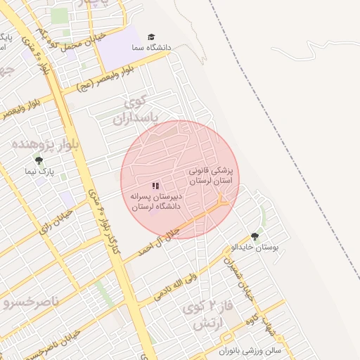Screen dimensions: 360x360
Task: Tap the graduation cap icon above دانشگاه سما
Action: pyautogui.click(x=152, y=37)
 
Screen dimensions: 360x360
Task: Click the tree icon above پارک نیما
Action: pyautogui.click(x=39, y=160)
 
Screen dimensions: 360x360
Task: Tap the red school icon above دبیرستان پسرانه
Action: pyautogui.click(x=155, y=186)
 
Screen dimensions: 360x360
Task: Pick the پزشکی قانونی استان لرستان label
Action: pyautogui.click(x=214, y=176)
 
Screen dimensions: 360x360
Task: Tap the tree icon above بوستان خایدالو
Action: pyautogui.click(x=255, y=237)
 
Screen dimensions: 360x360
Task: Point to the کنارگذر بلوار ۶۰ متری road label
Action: pyautogui.click(x=105, y=221)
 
